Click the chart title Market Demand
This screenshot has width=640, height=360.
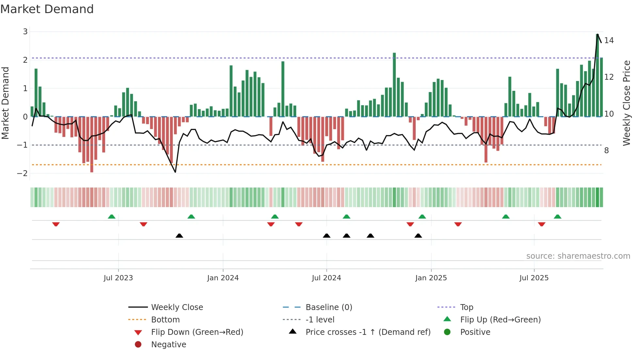47,9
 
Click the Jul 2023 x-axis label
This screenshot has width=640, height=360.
118,278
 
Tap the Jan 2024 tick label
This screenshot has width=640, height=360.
223,278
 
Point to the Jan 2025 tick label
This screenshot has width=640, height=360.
431,278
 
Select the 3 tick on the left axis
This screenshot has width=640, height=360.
25,32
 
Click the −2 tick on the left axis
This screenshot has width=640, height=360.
23,173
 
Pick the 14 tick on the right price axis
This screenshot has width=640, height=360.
609,41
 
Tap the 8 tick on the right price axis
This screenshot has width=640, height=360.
606,151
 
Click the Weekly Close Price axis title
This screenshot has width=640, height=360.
626,103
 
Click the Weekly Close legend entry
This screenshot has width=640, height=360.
177,307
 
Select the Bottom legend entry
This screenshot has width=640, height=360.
165,320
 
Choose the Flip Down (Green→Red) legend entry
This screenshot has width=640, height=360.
197,332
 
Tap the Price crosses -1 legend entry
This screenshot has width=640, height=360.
368,332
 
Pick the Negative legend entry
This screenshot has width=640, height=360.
168,345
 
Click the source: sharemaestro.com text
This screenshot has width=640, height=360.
578,256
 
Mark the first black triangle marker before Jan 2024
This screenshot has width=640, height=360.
179,236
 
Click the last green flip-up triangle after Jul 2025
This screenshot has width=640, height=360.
557,217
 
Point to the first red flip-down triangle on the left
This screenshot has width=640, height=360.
56,224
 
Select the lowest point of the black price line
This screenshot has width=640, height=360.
175,172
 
